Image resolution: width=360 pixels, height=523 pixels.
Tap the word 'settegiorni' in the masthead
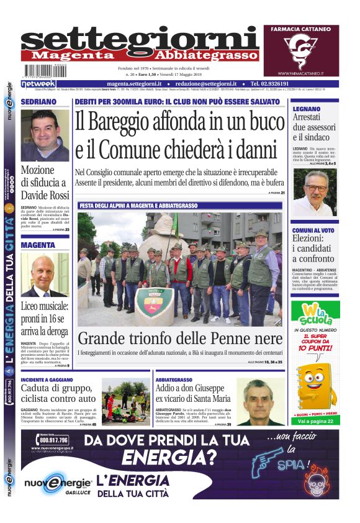pos(140,39)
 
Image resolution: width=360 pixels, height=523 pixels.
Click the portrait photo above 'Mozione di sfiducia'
pos(45,134)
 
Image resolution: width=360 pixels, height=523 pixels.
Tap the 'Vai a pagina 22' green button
pos(315,421)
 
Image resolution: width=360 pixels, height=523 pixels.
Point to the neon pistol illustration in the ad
pos(269,465)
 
